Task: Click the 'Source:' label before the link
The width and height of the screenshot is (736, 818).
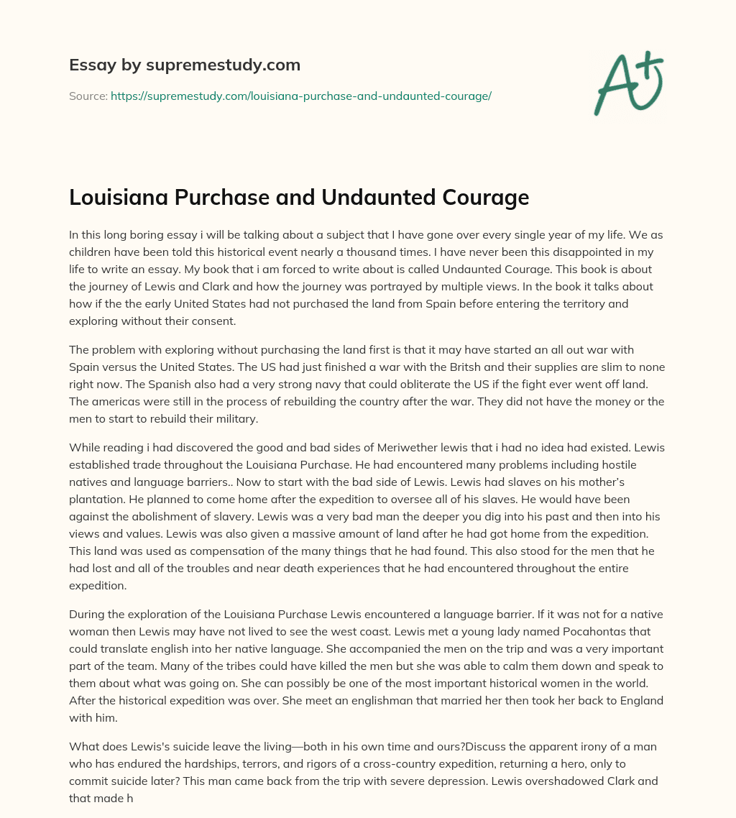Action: click(x=88, y=96)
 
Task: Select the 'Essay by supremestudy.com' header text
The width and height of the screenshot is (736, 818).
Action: click(x=185, y=65)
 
